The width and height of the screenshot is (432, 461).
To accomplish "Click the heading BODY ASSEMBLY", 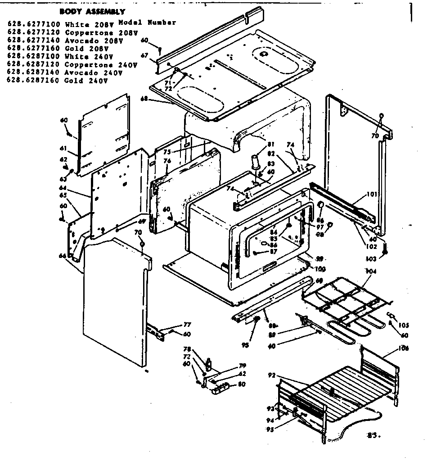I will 92,12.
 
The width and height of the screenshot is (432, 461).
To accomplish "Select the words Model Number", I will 147,23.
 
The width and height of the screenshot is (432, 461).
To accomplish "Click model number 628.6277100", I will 35,24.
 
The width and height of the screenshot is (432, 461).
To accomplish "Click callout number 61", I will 63,148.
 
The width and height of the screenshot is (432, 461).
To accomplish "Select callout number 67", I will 144,55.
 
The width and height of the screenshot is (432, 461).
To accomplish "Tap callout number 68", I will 144,99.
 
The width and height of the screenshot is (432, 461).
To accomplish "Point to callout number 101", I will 372,194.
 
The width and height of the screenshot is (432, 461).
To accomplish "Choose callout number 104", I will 370,272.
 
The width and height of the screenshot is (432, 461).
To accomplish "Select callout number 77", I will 187,325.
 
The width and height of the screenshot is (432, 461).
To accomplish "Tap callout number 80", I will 242,384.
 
